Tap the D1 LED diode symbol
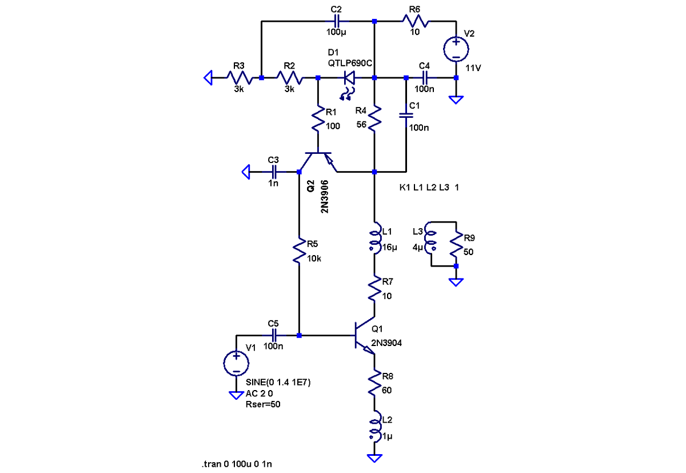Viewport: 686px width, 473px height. click(349, 78)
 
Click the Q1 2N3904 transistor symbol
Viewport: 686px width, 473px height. click(365, 336)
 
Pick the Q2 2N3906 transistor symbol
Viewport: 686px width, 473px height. click(318, 162)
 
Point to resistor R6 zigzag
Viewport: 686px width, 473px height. click(415, 21)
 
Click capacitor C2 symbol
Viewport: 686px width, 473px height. click(336, 21)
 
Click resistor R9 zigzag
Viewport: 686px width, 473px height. click(456, 244)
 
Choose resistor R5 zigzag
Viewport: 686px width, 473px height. click(299, 250)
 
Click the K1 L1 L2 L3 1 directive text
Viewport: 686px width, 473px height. click(429, 188)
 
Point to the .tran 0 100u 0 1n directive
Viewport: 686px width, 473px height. click(237, 464)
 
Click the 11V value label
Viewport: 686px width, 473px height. click(473, 68)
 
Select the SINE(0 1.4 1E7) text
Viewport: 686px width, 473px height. click(278, 382)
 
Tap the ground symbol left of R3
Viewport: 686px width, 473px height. click(208, 78)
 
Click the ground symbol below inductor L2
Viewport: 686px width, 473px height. click(374, 458)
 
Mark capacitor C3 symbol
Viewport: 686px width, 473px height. click(274, 172)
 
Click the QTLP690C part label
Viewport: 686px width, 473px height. click(350, 63)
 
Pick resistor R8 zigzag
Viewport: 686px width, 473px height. click(374, 382)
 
